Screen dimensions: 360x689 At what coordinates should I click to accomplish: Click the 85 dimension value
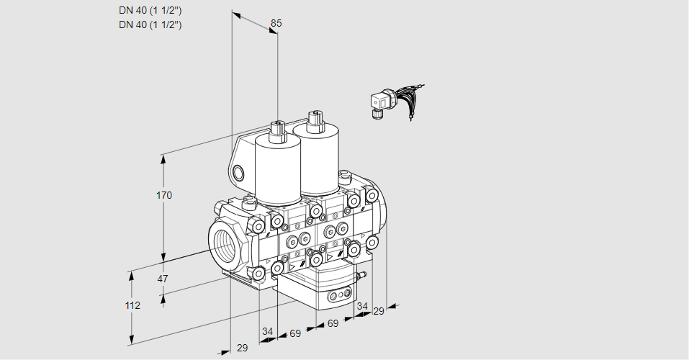[x=276, y=23]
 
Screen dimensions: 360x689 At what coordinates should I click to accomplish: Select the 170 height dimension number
[x=165, y=195]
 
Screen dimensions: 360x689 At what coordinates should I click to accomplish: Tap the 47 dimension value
[x=163, y=279]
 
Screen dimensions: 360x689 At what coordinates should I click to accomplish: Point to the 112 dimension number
[x=132, y=305]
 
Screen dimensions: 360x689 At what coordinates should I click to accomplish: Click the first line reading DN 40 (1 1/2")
[x=150, y=10]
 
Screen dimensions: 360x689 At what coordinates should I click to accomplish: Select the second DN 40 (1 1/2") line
[x=150, y=24]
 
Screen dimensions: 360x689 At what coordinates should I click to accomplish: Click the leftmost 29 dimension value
[x=242, y=348]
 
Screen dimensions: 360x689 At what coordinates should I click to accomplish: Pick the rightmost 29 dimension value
[x=379, y=310]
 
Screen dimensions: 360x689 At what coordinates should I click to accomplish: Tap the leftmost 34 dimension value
[x=268, y=331]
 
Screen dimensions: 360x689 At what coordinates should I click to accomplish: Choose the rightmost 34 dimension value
[x=362, y=306]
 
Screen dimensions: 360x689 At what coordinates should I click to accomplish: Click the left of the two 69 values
[x=295, y=333]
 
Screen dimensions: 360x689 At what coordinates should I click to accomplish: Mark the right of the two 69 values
[x=333, y=323]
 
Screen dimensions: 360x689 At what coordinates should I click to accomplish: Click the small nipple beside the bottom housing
[x=362, y=274]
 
